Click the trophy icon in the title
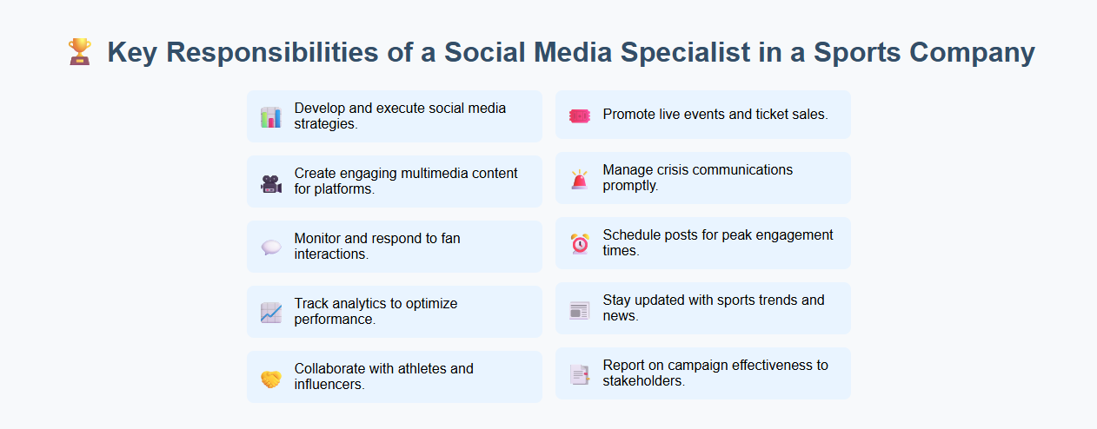click(80, 52)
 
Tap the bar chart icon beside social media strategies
click(270, 117)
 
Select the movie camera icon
click(270, 182)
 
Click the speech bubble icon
click(270, 247)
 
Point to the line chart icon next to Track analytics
click(270, 313)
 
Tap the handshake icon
click(270, 379)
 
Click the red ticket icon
click(579, 115)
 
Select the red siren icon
click(579, 180)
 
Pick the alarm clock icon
click(579, 244)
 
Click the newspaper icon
click(579, 310)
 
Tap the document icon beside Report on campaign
click(579, 374)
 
